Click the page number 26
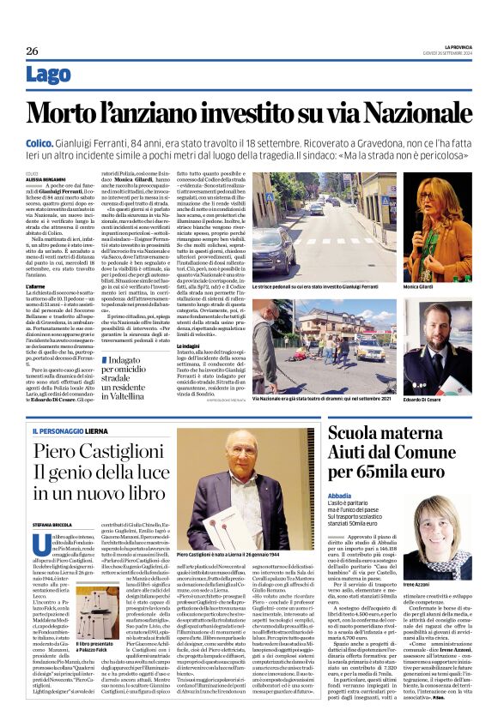point(32,51)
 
